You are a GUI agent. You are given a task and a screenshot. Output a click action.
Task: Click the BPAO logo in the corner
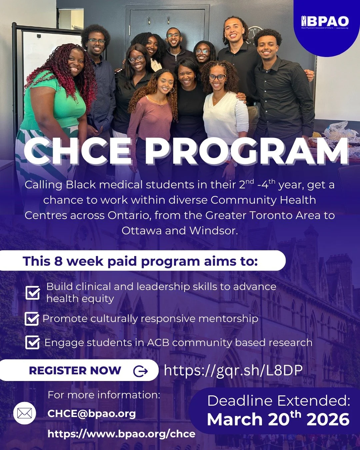pyautogui.click(x=325, y=22)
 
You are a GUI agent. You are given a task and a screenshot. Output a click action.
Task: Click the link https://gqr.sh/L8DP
pyautogui.click(x=233, y=370)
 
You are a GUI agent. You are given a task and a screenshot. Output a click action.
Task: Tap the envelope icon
pyautogui.click(x=25, y=414)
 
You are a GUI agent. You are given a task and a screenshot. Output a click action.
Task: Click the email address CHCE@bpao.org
pyautogui.click(x=92, y=414)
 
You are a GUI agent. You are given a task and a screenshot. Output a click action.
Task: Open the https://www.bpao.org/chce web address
pyautogui.click(x=121, y=434)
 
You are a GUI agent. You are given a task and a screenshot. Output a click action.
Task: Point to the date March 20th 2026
pyautogui.click(x=278, y=419)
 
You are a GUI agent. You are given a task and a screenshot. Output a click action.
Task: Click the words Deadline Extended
pyautogui.click(x=279, y=401)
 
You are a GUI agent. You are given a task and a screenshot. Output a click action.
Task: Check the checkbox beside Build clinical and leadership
pyautogui.click(x=33, y=293)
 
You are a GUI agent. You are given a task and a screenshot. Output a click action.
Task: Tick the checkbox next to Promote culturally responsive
pyautogui.click(x=32, y=319)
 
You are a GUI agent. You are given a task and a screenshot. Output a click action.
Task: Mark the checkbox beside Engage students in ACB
pyautogui.click(x=32, y=343)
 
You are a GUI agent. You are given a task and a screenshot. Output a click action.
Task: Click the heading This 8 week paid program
pyautogui.click(x=140, y=261)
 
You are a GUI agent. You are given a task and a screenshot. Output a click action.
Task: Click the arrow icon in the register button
pyautogui.click(x=140, y=371)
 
